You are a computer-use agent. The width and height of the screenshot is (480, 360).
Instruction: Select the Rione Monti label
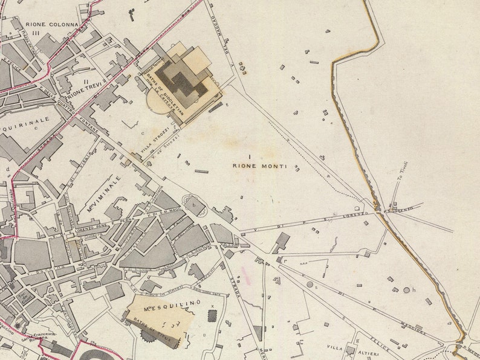(x=259, y=166)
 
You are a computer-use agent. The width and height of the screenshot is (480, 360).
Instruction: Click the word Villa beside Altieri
(x=334, y=347)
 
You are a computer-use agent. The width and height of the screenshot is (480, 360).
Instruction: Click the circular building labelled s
(x=310, y=284)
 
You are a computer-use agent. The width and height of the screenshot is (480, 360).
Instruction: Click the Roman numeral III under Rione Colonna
(x=36, y=34)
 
